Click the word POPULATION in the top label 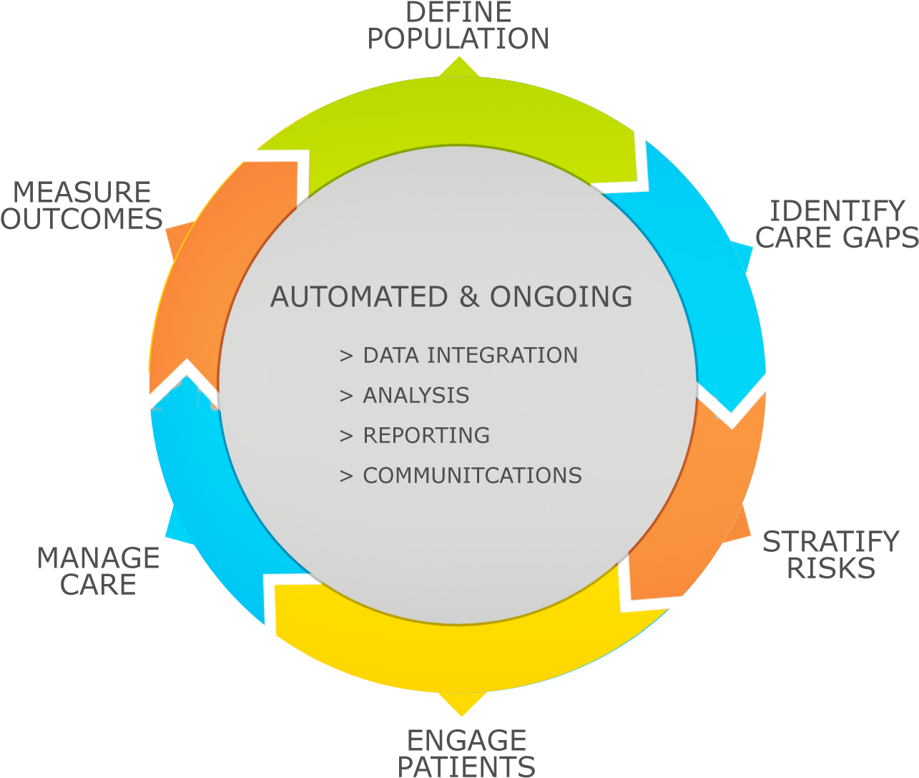(458, 39)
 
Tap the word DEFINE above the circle (458, 12)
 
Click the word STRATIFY (831, 542)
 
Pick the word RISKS (831, 568)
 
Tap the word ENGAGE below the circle (466, 740)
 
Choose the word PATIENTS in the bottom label (466, 767)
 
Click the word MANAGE (98, 558)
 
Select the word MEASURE (82, 193)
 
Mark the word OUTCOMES (82, 219)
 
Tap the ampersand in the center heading (469, 297)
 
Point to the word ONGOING (561, 297)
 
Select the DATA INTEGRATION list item (458, 355)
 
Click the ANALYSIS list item (405, 395)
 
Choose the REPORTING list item (415, 435)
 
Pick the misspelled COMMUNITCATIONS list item (461, 475)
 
